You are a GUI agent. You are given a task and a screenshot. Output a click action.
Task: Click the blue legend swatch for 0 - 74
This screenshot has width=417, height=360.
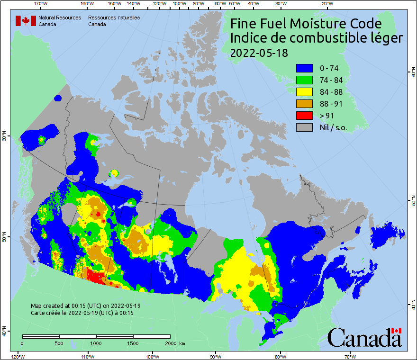pos(304,68)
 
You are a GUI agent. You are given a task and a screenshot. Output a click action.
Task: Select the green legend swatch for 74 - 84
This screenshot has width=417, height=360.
pos(304,80)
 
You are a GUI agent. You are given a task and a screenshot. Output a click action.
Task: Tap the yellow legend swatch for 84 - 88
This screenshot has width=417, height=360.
pos(304,92)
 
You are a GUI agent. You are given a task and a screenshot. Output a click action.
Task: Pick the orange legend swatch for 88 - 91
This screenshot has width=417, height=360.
pos(304,104)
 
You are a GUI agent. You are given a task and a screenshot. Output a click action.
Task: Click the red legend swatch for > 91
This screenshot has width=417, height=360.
pos(304,116)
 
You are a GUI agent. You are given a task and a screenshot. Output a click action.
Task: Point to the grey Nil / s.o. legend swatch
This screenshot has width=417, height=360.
pos(304,127)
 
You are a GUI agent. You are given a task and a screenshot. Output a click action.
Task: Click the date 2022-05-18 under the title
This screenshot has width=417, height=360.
pos(259,53)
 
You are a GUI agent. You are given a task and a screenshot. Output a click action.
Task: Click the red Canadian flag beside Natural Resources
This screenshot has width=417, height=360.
pos(26,20)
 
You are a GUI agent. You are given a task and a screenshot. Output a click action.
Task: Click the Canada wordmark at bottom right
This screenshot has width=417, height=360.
pos(364,337)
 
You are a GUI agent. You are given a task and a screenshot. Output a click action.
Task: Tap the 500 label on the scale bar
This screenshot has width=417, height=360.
pos(59,343)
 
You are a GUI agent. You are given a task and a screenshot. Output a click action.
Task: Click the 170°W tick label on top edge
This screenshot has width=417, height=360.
pos(41,4)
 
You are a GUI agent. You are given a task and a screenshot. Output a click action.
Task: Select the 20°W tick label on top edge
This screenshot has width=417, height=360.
pos(326,4)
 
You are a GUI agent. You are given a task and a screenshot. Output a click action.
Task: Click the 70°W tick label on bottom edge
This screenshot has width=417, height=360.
pos(350,356)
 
